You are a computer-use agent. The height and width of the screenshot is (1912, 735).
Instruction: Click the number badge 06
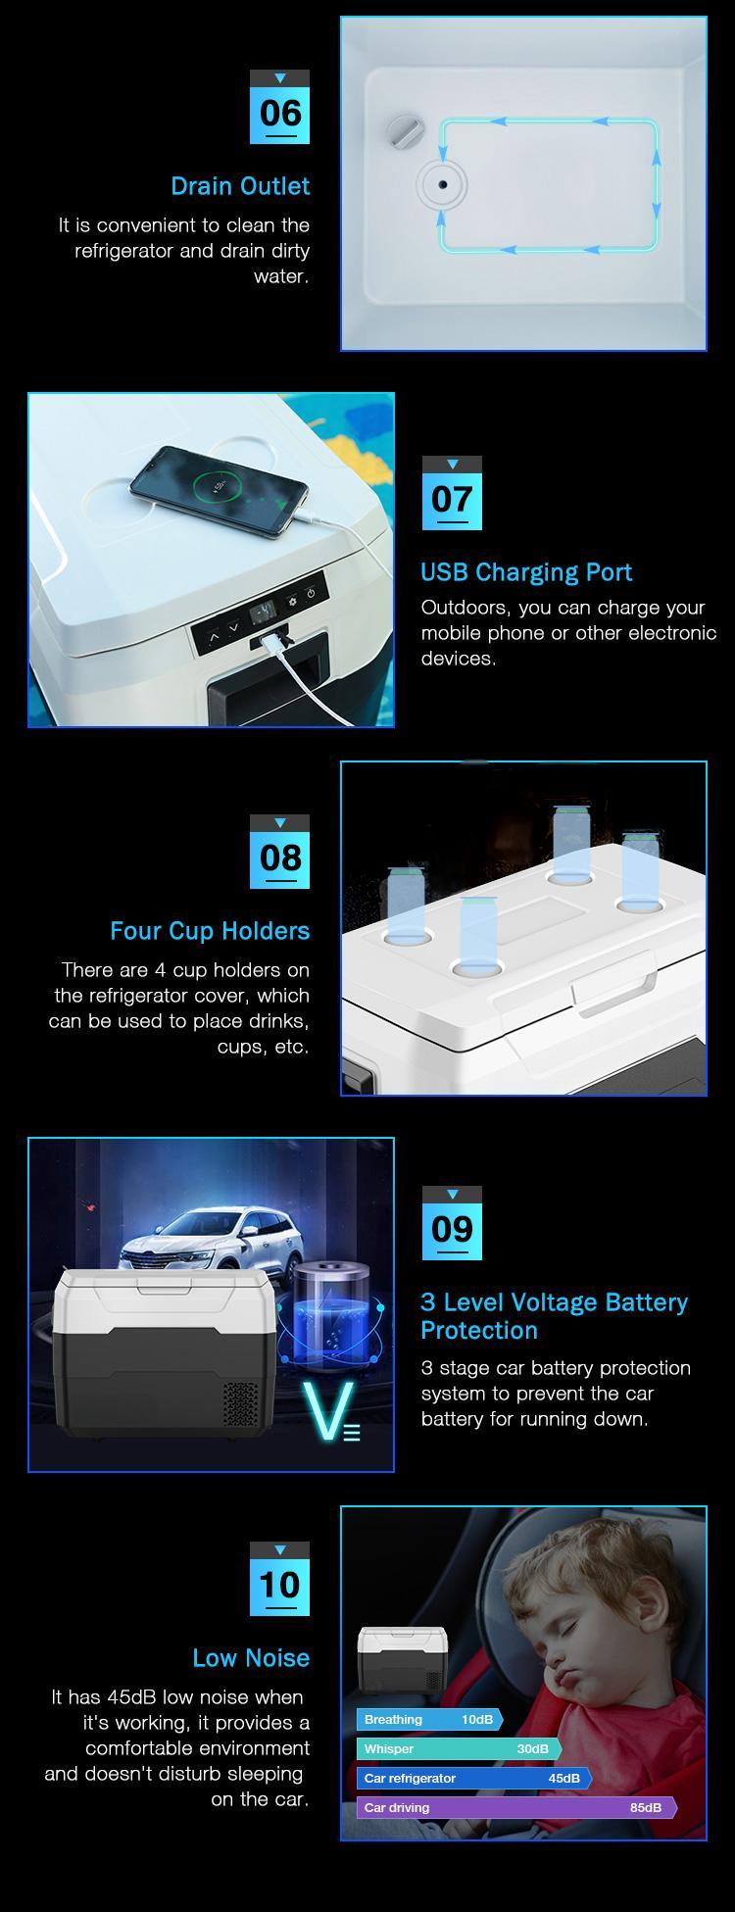(279, 108)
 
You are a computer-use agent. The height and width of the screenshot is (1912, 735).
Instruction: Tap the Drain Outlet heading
(240, 186)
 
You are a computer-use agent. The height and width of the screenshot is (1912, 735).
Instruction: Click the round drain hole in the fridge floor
(442, 184)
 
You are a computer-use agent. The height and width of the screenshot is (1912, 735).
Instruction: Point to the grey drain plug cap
(403, 129)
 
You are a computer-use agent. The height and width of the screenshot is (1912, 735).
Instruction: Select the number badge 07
(451, 494)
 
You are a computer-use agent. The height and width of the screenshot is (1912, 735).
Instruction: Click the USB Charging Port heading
(526, 572)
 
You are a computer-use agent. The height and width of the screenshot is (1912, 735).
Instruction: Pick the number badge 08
(279, 853)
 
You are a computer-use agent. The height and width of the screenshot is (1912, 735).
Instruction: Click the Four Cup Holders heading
(210, 931)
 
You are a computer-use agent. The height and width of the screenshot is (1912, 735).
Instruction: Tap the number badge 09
(451, 1224)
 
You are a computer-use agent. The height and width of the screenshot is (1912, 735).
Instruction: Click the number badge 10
(279, 1580)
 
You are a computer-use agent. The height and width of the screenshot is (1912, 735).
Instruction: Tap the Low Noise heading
(251, 1658)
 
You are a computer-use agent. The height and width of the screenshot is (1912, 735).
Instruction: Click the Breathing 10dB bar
(429, 1719)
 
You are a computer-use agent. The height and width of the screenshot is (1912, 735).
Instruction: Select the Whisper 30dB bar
(459, 1748)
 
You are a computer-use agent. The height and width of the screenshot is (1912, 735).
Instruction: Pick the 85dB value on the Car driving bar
(645, 1807)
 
